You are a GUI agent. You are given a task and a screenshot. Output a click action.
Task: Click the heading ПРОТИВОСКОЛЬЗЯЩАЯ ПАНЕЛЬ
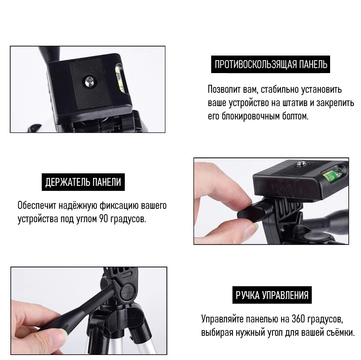coord(271,64)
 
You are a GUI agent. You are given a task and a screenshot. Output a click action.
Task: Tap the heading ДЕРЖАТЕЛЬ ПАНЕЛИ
coord(83,182)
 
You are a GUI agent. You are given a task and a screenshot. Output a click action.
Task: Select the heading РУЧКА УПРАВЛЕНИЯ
coord(272,295)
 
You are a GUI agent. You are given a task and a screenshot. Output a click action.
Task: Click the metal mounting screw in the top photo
coord(89,82)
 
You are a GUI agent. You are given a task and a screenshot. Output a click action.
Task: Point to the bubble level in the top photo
coord(119,79)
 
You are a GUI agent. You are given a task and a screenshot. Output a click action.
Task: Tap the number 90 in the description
coord(104,218)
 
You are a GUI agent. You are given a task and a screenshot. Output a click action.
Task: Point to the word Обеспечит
coord(37,205)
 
